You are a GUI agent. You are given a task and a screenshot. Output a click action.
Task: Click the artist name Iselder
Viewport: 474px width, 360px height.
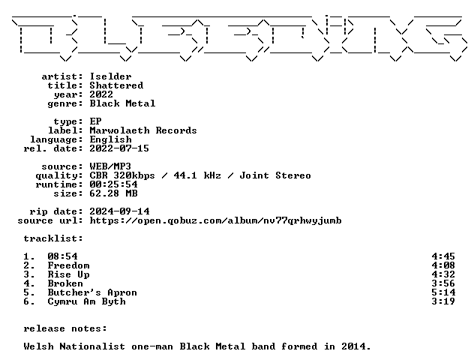pos(111,76)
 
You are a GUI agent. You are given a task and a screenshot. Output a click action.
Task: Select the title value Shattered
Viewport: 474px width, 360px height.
pos(116,85)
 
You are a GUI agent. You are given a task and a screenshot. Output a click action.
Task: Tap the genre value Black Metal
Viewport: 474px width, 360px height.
pos(122,103)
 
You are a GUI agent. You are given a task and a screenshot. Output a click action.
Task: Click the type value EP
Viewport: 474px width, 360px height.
pos(95,121)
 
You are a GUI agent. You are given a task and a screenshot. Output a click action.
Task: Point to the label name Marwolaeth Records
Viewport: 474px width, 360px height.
pos(143,130)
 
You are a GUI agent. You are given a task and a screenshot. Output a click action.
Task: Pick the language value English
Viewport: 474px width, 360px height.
pos(111,139)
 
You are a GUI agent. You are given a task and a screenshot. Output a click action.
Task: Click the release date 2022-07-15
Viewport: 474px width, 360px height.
pos(119,148)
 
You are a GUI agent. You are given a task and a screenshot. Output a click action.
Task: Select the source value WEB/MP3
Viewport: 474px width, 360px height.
pos(110,166)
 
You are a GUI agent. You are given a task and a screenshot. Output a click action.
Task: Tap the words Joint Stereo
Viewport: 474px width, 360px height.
pos(275,175)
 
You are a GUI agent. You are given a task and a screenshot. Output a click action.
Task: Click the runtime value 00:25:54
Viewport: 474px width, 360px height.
pos(114,184)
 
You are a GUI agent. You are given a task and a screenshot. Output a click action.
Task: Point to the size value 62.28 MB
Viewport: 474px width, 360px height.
pos(114,193)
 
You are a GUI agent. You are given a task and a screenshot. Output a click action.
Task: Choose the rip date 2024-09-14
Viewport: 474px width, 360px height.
pos(119,211)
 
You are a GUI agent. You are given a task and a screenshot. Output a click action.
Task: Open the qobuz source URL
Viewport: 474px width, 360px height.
pos(215,220)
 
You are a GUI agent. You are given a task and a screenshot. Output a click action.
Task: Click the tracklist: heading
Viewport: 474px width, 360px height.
pos(53,238)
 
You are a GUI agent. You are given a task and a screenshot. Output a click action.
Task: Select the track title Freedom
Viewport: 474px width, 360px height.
pos(68,265)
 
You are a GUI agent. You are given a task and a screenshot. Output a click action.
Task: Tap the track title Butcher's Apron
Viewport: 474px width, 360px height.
pos(92,292)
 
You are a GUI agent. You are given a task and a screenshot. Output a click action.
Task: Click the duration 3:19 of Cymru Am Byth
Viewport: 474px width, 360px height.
pos(443,301)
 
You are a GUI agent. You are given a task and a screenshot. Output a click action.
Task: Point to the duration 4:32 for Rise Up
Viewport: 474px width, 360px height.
pos(443,274)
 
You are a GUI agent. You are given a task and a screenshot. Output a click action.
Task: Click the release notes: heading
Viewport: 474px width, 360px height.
pos(65,328)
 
